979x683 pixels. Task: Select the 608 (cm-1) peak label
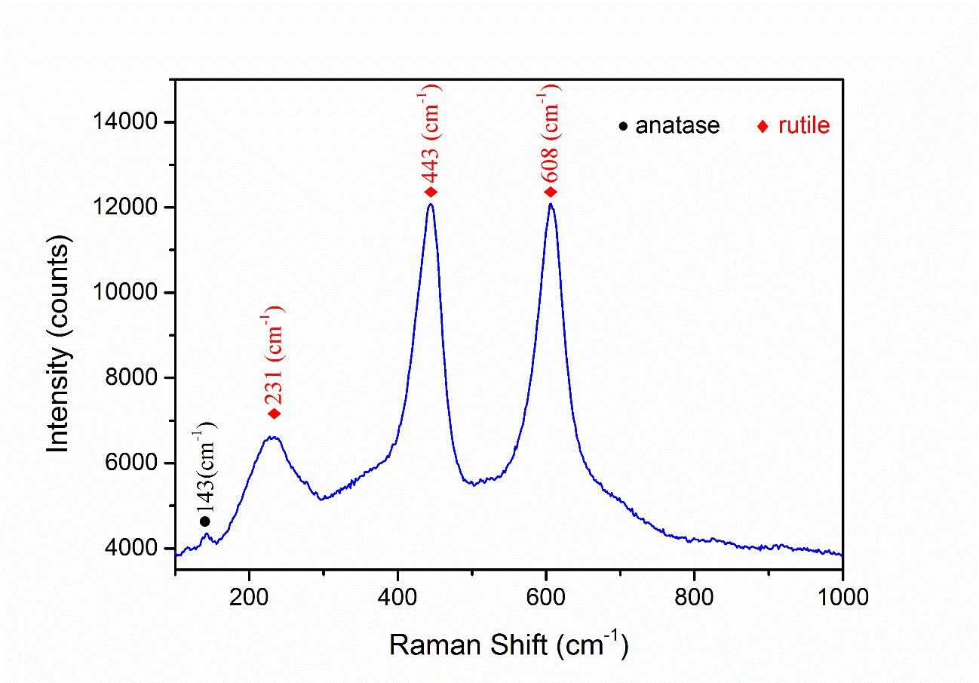click(551, 131)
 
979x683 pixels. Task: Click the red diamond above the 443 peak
click(431, 192)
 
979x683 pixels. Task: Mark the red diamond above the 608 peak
click(551, 192)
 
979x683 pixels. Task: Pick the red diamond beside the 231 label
click(274, 414)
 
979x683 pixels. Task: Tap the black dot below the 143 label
click(205, 521)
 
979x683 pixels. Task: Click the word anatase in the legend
click(677, 125)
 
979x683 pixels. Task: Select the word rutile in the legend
click(804, 125)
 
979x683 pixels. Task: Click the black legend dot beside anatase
click(623, 126)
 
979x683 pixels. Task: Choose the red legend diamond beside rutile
click(763, 126)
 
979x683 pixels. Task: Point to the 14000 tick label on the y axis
click(126, 122)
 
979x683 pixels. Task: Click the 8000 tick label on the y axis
click(131, 378)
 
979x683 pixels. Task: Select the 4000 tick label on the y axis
click(131, 549)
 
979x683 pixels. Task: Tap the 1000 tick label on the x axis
click(842, 598)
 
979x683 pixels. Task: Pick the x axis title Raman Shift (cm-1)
click(508, 645)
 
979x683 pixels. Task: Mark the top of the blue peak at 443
click(431, 204)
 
